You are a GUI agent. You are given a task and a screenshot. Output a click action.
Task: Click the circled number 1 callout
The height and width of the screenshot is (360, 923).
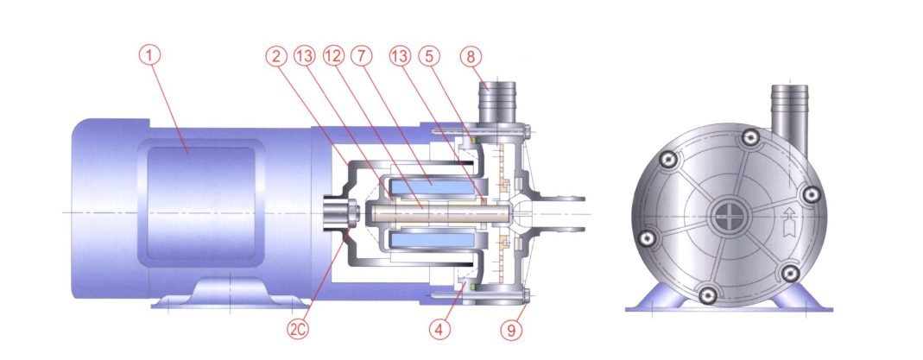coord(149,56)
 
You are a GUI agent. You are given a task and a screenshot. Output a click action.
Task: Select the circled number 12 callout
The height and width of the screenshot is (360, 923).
coord(333,56)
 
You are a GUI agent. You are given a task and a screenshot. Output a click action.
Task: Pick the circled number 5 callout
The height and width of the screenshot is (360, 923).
coord(429,56)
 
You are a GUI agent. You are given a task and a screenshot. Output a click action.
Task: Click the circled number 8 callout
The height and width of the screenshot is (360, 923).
coord(471,56)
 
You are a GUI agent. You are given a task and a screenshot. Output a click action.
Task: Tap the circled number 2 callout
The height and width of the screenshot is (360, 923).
coord(275,56)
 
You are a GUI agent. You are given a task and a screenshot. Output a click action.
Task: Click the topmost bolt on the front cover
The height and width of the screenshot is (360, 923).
coord(749,137)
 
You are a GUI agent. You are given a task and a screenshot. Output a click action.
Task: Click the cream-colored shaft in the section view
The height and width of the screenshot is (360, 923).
coord(436,212)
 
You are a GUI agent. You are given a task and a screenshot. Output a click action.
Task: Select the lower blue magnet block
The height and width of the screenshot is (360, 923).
coord(432,241)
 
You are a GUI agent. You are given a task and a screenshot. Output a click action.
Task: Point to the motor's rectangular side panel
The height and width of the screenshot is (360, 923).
coord(200,201)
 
